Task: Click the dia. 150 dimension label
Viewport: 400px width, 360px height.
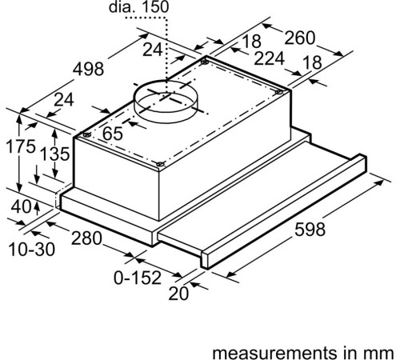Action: coord(138,7)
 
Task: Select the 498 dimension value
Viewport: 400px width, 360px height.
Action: coord(88,69)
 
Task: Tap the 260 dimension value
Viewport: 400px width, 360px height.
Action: coord(300,38)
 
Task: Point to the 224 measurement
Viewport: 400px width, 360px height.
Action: coord(269,58)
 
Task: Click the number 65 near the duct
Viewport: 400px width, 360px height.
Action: coord(113,134)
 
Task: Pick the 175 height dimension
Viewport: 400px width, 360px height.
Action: coord(21,146)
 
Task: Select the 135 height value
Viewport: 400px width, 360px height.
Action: coord(55,154)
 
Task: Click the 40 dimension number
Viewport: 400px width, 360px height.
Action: coord(21,206)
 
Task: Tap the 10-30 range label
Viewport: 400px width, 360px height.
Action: coord(32,250)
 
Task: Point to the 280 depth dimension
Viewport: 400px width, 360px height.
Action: coord(86,238)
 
